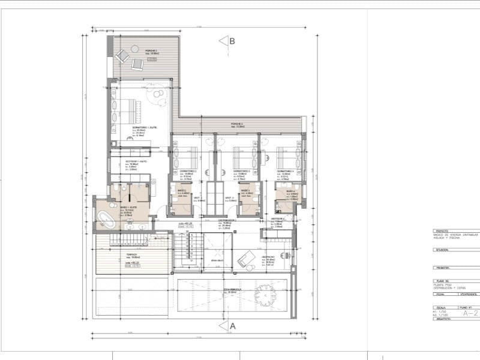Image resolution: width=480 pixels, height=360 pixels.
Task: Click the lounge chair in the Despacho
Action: click(x=245, y=260)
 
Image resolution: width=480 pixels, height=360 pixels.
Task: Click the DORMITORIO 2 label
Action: click(x=189, y=171)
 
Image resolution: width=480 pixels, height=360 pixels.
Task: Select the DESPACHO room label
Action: click(x=268, y=256)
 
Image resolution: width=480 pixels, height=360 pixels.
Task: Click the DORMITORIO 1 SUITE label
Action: click(x=145, y=128)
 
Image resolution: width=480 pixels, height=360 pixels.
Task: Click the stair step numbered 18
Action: click(x=185, y=238)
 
